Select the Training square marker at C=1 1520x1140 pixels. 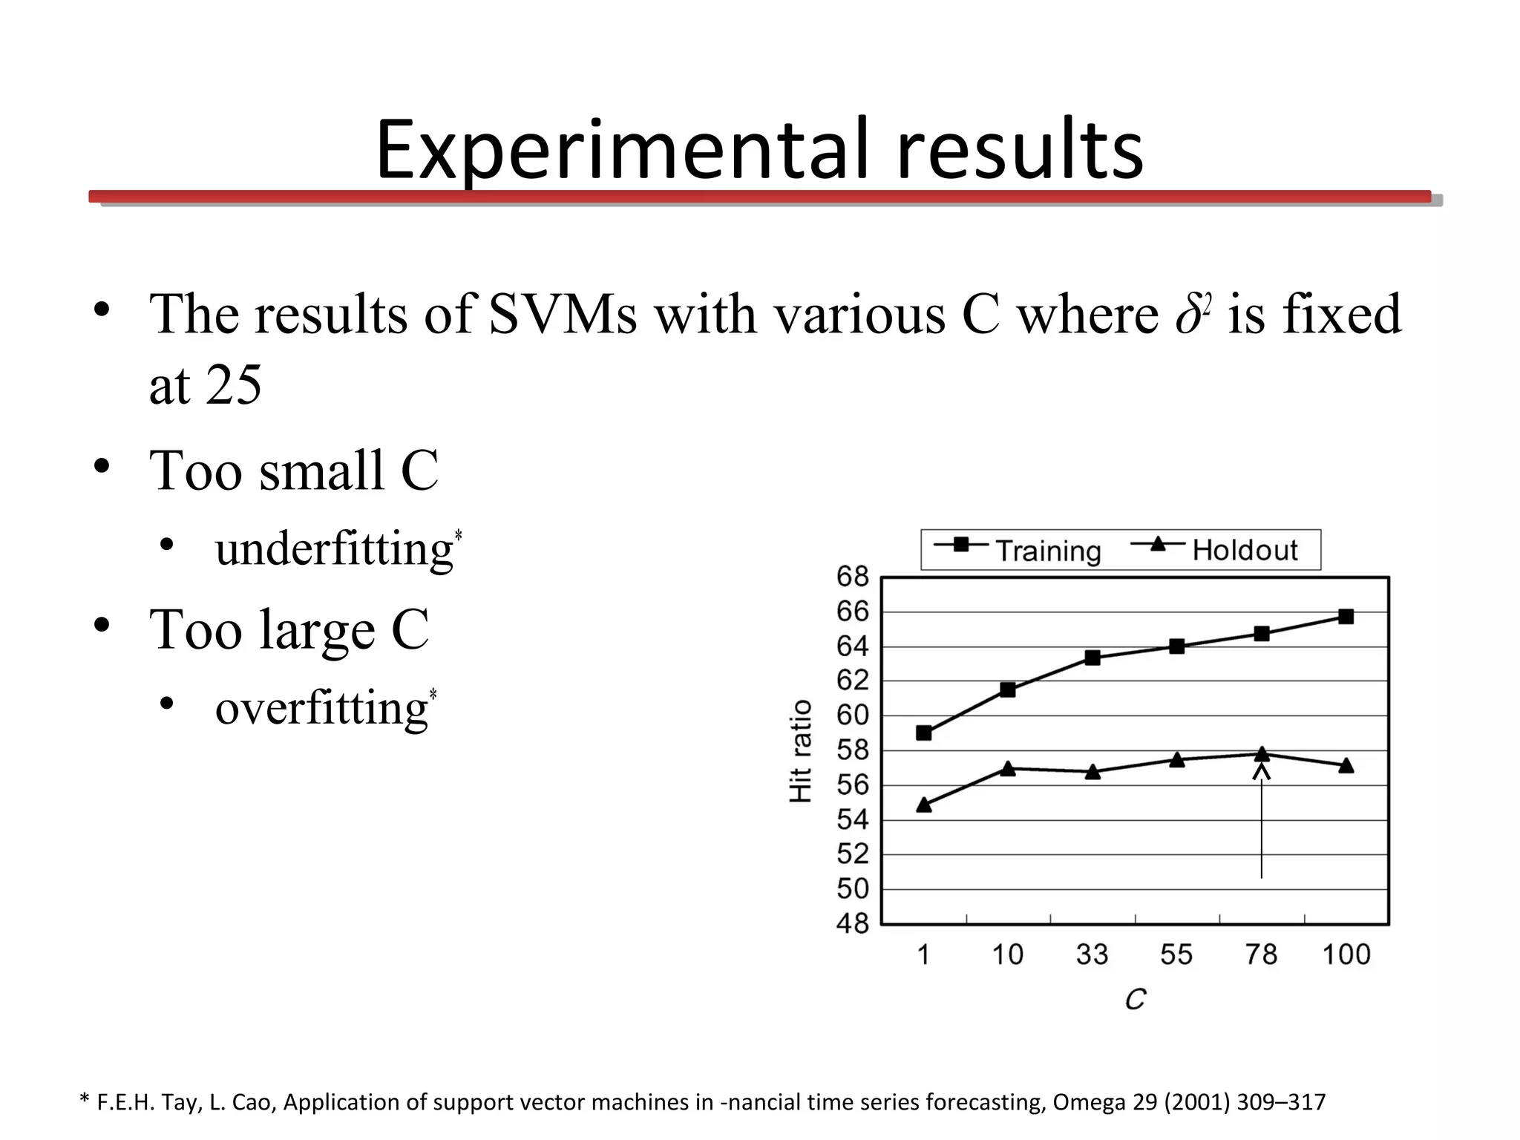(x=924, y=733)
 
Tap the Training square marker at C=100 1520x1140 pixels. (x=1346, y=617)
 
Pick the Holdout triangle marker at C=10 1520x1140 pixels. (x=1008, y=769)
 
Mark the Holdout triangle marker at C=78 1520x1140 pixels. (x=1262, y=754)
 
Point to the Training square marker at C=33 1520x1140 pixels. (x=1092, y=658)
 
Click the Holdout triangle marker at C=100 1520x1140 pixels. (x=1346, y=765)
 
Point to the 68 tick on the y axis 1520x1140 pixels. (x=852, y=577)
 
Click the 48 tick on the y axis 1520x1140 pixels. (x=852, y=924)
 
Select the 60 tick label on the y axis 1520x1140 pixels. (x=852, y=715)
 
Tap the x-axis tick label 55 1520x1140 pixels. (x=1176, y=954)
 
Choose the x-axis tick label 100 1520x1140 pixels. (x=1346, y=954)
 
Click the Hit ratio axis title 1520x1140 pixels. (x=801, y=750)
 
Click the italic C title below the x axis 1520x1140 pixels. (x=1135, y=1000)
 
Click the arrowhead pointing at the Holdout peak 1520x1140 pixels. (x=1262, y=772)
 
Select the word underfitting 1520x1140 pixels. (x=334, y=549)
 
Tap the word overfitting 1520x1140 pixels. (x=321, y=707)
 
